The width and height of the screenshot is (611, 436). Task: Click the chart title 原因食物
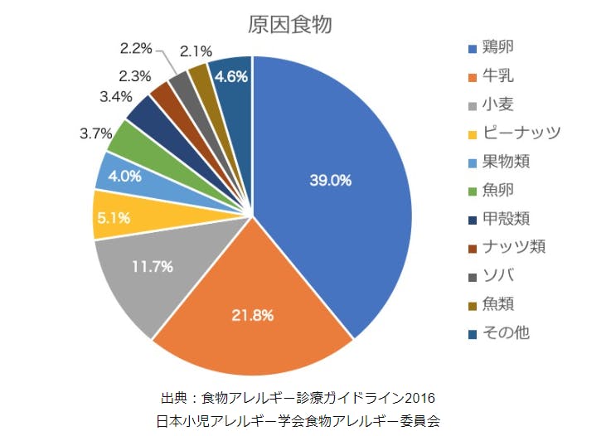point(290,25)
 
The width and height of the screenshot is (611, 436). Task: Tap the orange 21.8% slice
point(253,315)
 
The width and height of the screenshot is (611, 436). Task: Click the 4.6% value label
point(231,76)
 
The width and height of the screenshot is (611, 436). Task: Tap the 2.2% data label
point(134,49)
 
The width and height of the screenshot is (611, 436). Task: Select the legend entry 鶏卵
point(502,46)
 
